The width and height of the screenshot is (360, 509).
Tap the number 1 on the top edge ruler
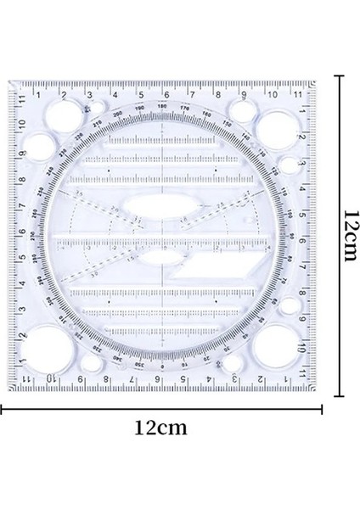37,95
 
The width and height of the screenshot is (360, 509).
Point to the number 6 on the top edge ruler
166,95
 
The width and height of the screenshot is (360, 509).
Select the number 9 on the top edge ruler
245,95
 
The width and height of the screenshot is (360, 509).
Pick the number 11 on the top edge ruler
297,95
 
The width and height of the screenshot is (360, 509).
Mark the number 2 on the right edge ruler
302,136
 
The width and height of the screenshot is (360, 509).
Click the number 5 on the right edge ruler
302,214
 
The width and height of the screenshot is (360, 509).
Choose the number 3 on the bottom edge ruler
234,378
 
